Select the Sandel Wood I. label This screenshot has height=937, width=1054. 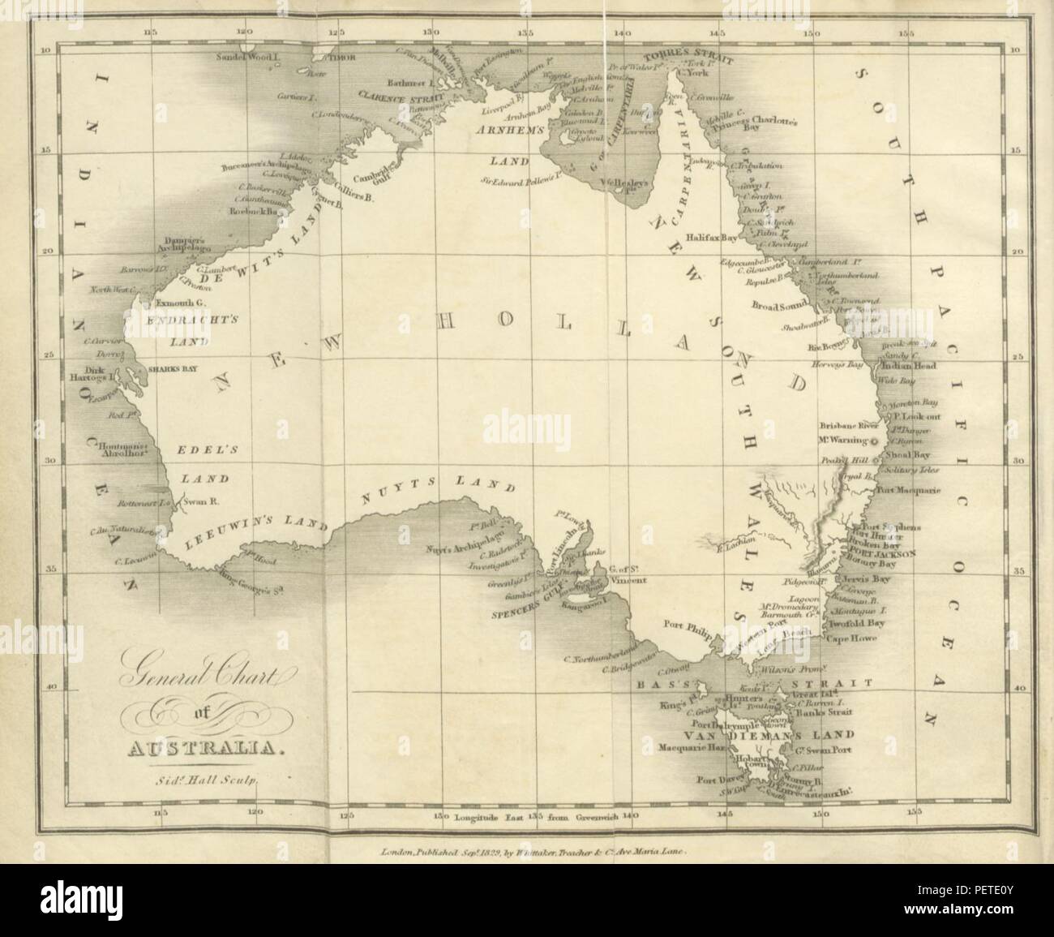tap(248, 58)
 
